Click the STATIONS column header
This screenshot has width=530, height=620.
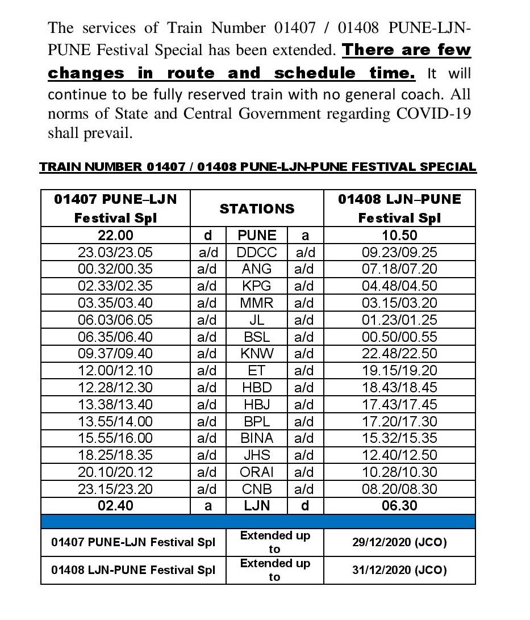[257, 208]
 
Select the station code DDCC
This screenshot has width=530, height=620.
[257, 252]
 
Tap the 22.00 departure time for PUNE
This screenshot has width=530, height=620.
[115, 236]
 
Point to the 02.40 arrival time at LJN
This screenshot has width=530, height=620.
[115, 505]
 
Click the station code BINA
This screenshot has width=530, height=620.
[257, 438]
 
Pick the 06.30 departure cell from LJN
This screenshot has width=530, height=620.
[399, 505]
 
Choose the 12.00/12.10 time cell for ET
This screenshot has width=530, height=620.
[115, 370]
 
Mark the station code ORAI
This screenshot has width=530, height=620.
[257, 472]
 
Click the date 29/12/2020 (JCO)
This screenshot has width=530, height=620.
[399, 542]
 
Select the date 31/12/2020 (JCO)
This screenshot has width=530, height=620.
[399, 569]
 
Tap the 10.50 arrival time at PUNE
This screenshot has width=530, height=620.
[399, 236]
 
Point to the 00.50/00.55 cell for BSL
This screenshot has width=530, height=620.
[399, 337]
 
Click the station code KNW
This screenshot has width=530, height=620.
[257, 353]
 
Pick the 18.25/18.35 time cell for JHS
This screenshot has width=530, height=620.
[115, 455]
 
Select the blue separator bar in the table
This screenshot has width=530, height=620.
[258, 521]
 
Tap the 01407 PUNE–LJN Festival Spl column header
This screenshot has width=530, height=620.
[115, 208]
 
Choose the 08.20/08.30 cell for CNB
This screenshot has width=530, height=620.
[399, 488]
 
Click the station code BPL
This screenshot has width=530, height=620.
[257, 421]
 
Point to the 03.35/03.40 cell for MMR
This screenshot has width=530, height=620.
[115, 303]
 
